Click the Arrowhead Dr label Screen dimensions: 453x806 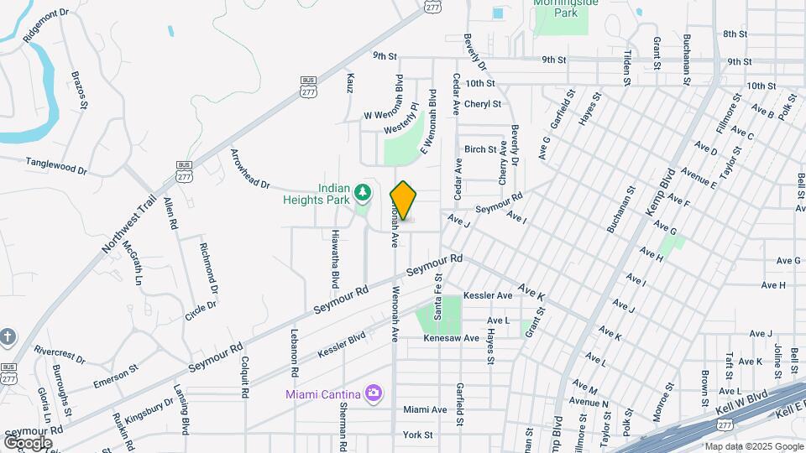(249, 168)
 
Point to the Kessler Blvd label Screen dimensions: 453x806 (342, 346)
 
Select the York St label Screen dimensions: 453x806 (417, 435)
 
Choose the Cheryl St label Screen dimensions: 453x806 (483, 104)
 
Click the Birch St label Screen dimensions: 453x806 (480, 149)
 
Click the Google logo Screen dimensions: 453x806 (28, 442)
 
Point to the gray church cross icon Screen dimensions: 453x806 (8, 337)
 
